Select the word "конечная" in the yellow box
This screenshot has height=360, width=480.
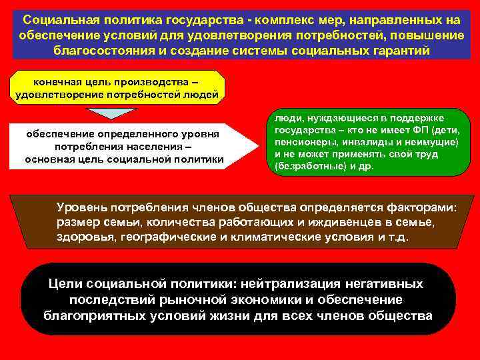point(56,82)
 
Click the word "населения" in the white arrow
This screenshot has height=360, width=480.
point(154,146)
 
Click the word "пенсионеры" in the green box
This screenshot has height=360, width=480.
point(304,142)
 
